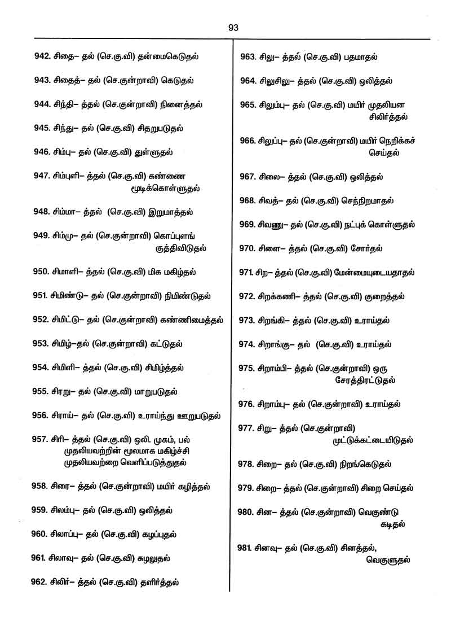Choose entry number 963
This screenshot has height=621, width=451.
tap(248, 56)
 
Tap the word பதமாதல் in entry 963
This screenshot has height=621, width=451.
tap(360, 56)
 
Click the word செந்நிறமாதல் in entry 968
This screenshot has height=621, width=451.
tap(366, 200)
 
